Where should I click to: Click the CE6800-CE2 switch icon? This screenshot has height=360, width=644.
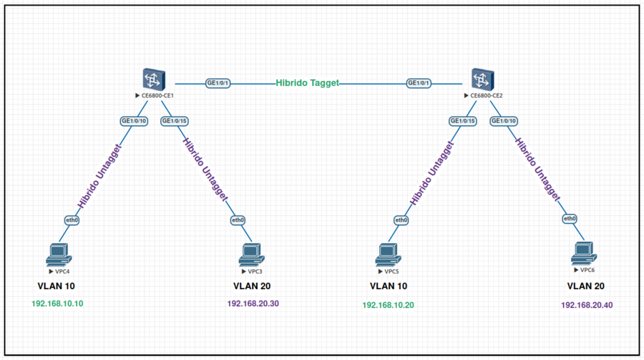pyautogui.click(x=483, y=79)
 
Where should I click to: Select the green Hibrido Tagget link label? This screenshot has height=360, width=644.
pyautogui.click(x=308, y=83)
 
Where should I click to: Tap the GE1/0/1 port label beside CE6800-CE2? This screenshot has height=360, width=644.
pyautogui.click(x=419, y=83)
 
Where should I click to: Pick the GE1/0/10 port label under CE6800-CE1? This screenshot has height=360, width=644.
pyautogui.click(x=134, y=121)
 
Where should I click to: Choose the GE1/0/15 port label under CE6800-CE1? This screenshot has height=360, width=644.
pyautogui.click(x=175, y=121)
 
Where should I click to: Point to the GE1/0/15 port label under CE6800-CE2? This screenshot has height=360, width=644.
pyautogui.click(x=463, y=121)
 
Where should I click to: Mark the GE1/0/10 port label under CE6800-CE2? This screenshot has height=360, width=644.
pyautogui.click(x=504, y=121)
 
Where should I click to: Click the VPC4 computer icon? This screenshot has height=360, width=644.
pyautogui.click(x=57, y=253)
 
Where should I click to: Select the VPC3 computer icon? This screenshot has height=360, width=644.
pyautogui.click(x=250, y=253)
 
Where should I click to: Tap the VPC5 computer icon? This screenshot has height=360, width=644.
pyautogui.click(x=387, y=253)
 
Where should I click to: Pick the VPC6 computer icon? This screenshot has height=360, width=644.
pyautogui.click(x=582, y=251)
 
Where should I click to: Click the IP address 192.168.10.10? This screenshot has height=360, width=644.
pyautogui.click(x=57, y=303)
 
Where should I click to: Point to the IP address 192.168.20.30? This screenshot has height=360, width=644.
pyautogui.click(x=253, y=303)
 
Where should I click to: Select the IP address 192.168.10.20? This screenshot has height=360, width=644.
pyautogui.click(x=388, y=305)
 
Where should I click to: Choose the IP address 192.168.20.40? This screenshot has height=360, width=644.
pyautogui.click(x=587, y=305)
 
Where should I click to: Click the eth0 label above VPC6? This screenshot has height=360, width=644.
pyautogui.click(x=570, y=218)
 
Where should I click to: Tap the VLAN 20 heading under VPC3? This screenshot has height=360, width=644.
pyautogui.click(x=252, y=286)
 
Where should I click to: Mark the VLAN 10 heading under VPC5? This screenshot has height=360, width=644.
pyautogui.click(x=388, y=286)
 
